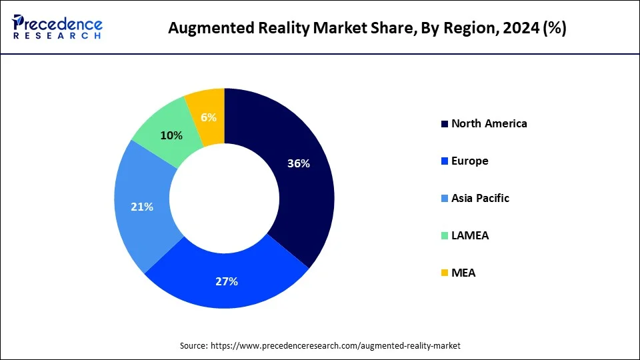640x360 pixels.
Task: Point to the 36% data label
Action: tap(298, 163)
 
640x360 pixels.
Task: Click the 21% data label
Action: tap(142, 207)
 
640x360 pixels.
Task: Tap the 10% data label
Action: tap(171, 135)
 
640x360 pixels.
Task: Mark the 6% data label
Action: tap(209, 117)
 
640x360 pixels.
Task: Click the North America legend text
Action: tap(489, 123)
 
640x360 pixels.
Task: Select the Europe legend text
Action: tap(469, 161)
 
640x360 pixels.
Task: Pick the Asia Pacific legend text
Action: tap(480, 198)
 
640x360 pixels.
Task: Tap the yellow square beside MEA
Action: tap(444, 273)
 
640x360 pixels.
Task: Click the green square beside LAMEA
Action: tap(444, 236)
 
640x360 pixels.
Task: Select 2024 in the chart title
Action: tap(511, 29)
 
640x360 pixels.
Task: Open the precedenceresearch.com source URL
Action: tap(335, 346)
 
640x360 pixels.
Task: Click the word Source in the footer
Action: tap(193, 346)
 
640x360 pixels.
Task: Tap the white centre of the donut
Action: tap(225, 198)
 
